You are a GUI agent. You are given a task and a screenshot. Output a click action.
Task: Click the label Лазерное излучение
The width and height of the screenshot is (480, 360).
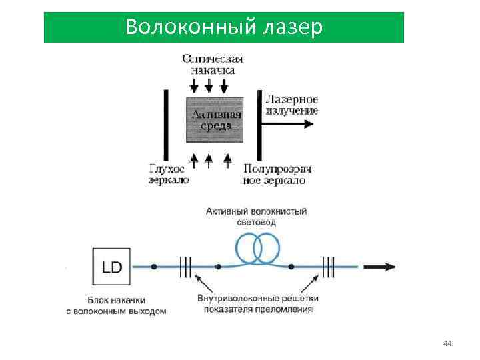pyautogui.click(x=291, y=105)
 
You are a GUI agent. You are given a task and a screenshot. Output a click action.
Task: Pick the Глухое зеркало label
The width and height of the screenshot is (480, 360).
pyautogui.click(x=169, y=175)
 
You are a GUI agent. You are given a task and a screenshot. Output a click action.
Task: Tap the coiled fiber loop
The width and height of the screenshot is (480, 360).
pyautogui.click(x=256, y=249)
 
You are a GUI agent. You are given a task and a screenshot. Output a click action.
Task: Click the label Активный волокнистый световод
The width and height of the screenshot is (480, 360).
pyautogui.click(x=256, y=217)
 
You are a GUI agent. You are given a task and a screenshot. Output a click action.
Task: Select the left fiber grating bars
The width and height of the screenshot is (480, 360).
pyautogui.click(x=185, y=267)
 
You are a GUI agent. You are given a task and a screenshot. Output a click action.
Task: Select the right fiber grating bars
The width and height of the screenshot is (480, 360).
pyautogui.click(x=329, y=267)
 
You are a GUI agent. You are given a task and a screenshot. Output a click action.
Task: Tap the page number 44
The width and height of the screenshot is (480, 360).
pyautogui.click(x=447, y=343)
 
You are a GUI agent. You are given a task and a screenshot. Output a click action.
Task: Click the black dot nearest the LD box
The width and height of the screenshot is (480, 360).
pyautogui.click(x=154, y=267)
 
